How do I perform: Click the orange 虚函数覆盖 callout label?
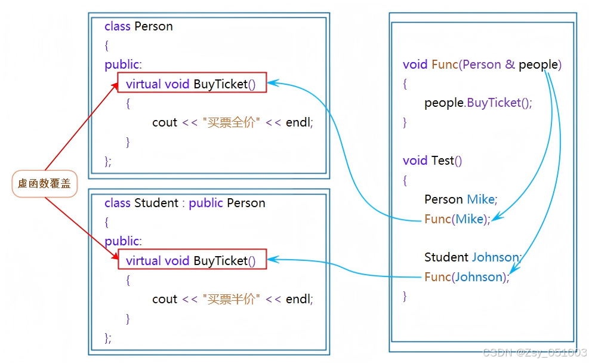(x=44, y=183)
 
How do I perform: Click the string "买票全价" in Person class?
(x=231, y=122)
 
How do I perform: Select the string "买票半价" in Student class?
(x=231, y=299)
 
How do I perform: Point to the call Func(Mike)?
(x=457, y=219)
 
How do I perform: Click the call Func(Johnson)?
(x=467, y=277)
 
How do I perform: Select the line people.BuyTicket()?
(x=478, y=103)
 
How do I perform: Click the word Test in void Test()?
(x=443, y=161)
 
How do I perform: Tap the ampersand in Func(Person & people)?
(x=510, y=64)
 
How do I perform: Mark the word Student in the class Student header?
(x=156, y=203)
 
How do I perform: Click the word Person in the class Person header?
(x=153, y=26)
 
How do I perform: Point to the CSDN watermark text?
(x=535, y=352)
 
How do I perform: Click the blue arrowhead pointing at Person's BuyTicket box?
(x=273, y=82)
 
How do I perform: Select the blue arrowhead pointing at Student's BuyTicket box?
(x=273, y=259)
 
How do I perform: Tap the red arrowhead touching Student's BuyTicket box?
(x=115, y=256)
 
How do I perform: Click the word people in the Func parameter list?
(x=538, y=65)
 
